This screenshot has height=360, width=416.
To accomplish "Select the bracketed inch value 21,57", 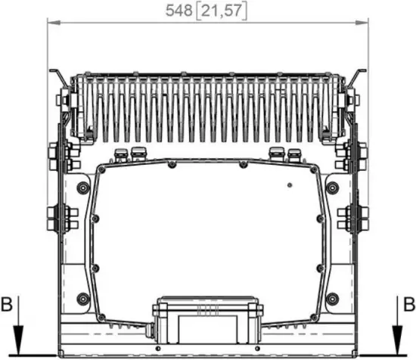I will [222, 11].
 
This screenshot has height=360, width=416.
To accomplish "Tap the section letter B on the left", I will [7, 305].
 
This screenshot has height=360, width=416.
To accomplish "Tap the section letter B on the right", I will [408, 305].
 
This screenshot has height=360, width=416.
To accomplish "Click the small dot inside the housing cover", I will [288, 185].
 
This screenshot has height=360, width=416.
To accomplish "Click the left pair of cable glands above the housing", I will [129, 155].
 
